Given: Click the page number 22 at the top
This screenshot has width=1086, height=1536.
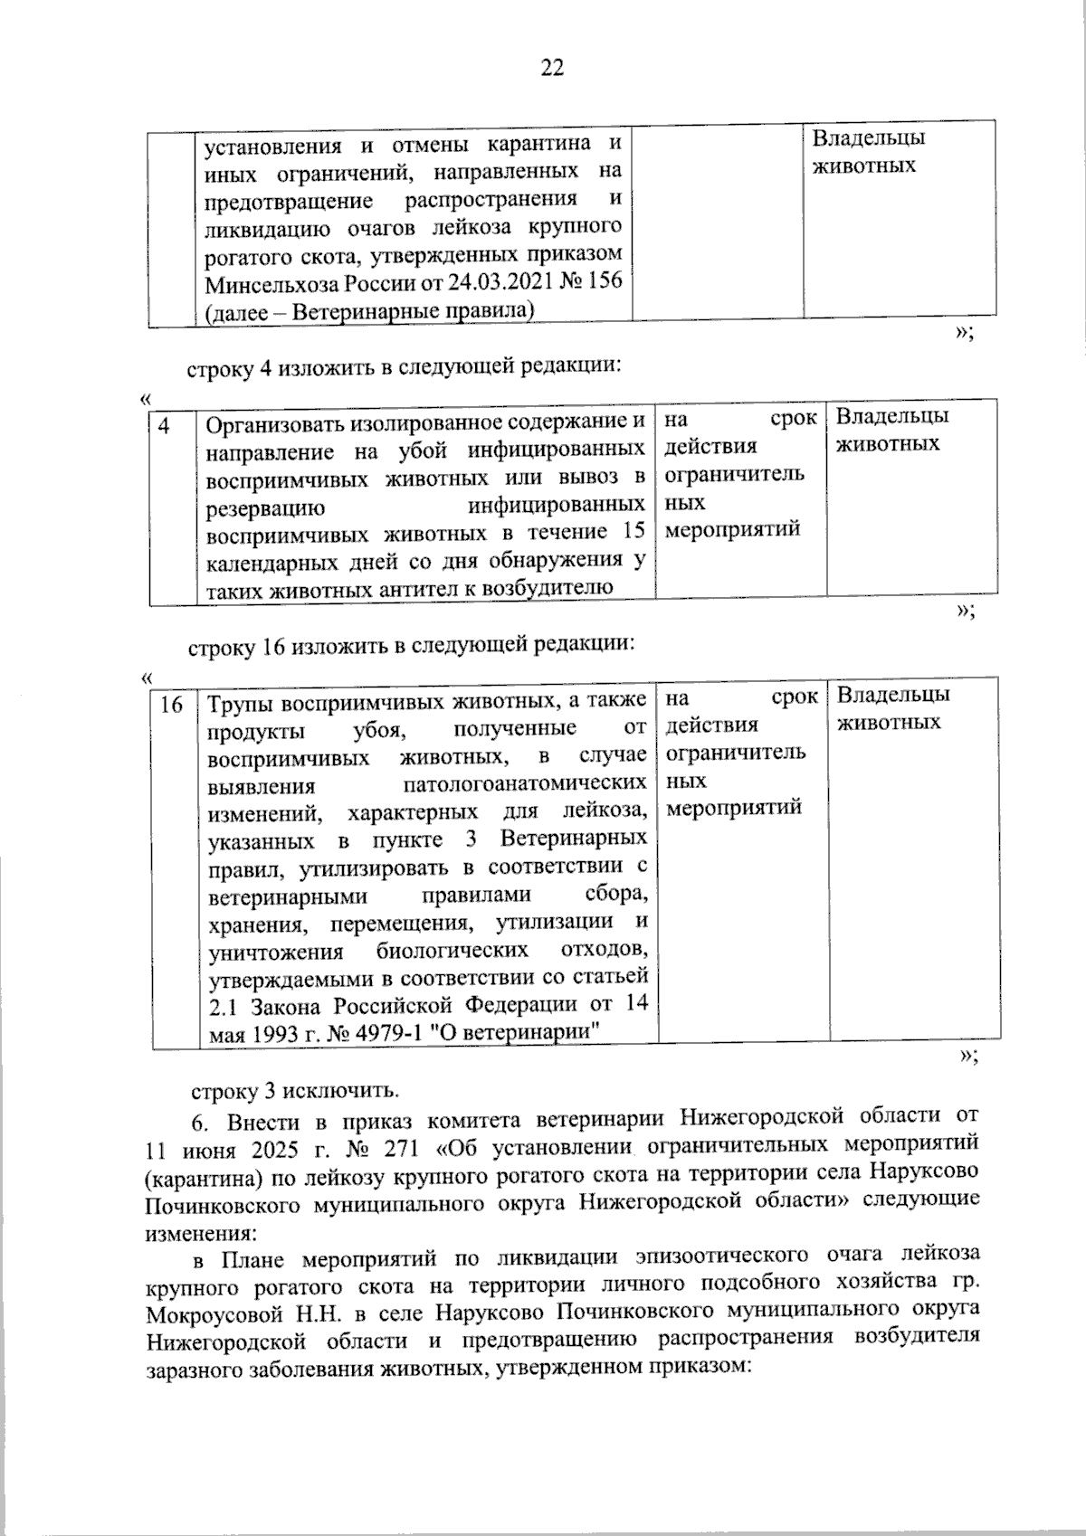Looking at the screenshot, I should click(x=552, y=68).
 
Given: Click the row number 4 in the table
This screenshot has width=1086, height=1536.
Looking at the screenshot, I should click(x=166, y=423).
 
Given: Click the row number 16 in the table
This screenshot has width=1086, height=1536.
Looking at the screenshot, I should click(x=172, y=703).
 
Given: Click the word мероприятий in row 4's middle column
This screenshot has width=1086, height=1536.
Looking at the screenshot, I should click(x=733, y=529).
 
